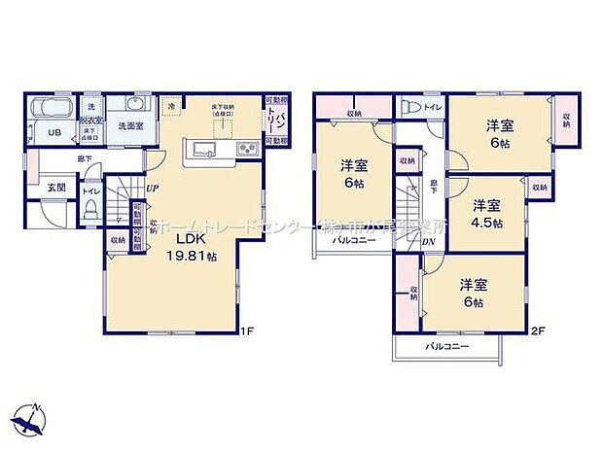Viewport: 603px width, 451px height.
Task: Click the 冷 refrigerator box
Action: [172, 104]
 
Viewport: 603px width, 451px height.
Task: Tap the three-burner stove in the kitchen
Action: [245, 150]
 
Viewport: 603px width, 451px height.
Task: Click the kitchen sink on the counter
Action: [206, 149]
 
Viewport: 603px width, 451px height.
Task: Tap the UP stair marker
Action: [153, 189]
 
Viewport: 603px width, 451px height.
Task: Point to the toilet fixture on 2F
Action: [409, 108]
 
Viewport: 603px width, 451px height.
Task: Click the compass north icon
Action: [31, 419]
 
